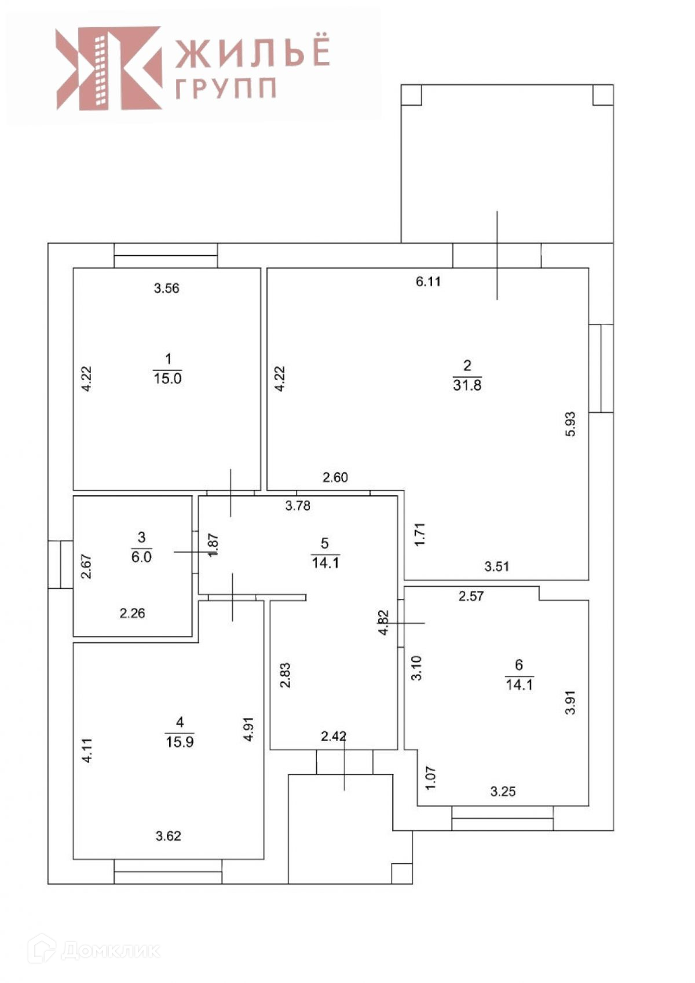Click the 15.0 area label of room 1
click(x=167, y=378)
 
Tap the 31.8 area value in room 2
click(x=467, y=385)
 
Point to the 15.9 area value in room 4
click(x=180, y=741)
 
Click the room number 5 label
click(x=325, y=543)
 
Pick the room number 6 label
click(x=519, y=664)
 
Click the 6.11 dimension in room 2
click(x=429, y=282)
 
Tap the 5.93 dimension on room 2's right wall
click(x=570, y=424)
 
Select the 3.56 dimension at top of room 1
click(x=167, y=288)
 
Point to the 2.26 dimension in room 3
click(x=133, y=613)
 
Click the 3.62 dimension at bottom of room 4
click(x=169, y=835)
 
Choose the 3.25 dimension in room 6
click(x=503, y=791)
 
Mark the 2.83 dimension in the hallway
click(x=285, y=675)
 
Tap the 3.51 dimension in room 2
click(x=497, y=566)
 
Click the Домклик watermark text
click(x=110, y=950)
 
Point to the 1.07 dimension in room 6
click(x=430, y=778)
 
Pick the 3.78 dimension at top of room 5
click(x=298, y=506)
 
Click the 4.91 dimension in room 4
click(x=249, y=729)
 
